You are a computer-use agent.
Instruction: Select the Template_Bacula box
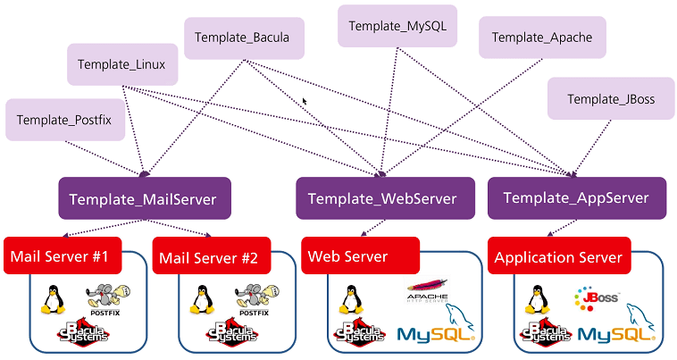[243, 39]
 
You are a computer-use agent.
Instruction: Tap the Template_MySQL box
[397, 26]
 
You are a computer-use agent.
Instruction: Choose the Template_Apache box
[541, 38]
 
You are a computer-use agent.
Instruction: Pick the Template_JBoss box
[610, 99]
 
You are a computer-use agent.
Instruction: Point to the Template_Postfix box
[63, 120]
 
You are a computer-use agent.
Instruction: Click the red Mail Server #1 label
[59, 257]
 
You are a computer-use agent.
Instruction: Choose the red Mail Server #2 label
[208, 259]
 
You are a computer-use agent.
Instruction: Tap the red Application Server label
[557, 257]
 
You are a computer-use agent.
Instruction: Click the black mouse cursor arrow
[305, 102]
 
